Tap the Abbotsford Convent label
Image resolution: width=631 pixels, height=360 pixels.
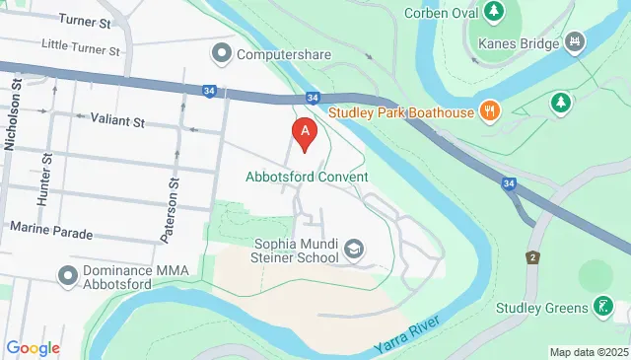pos(307,178)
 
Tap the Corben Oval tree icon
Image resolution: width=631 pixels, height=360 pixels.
pos(491,13)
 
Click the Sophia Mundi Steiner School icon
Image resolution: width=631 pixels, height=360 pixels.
pos(353,252)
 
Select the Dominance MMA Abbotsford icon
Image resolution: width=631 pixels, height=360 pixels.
pos(68,273)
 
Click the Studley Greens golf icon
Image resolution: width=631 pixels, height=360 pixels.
pos(602,307)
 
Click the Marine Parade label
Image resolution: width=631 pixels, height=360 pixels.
pos(51,233)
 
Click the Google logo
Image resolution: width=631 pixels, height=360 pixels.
pos(33,347)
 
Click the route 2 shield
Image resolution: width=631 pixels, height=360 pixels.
pos(532,257)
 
